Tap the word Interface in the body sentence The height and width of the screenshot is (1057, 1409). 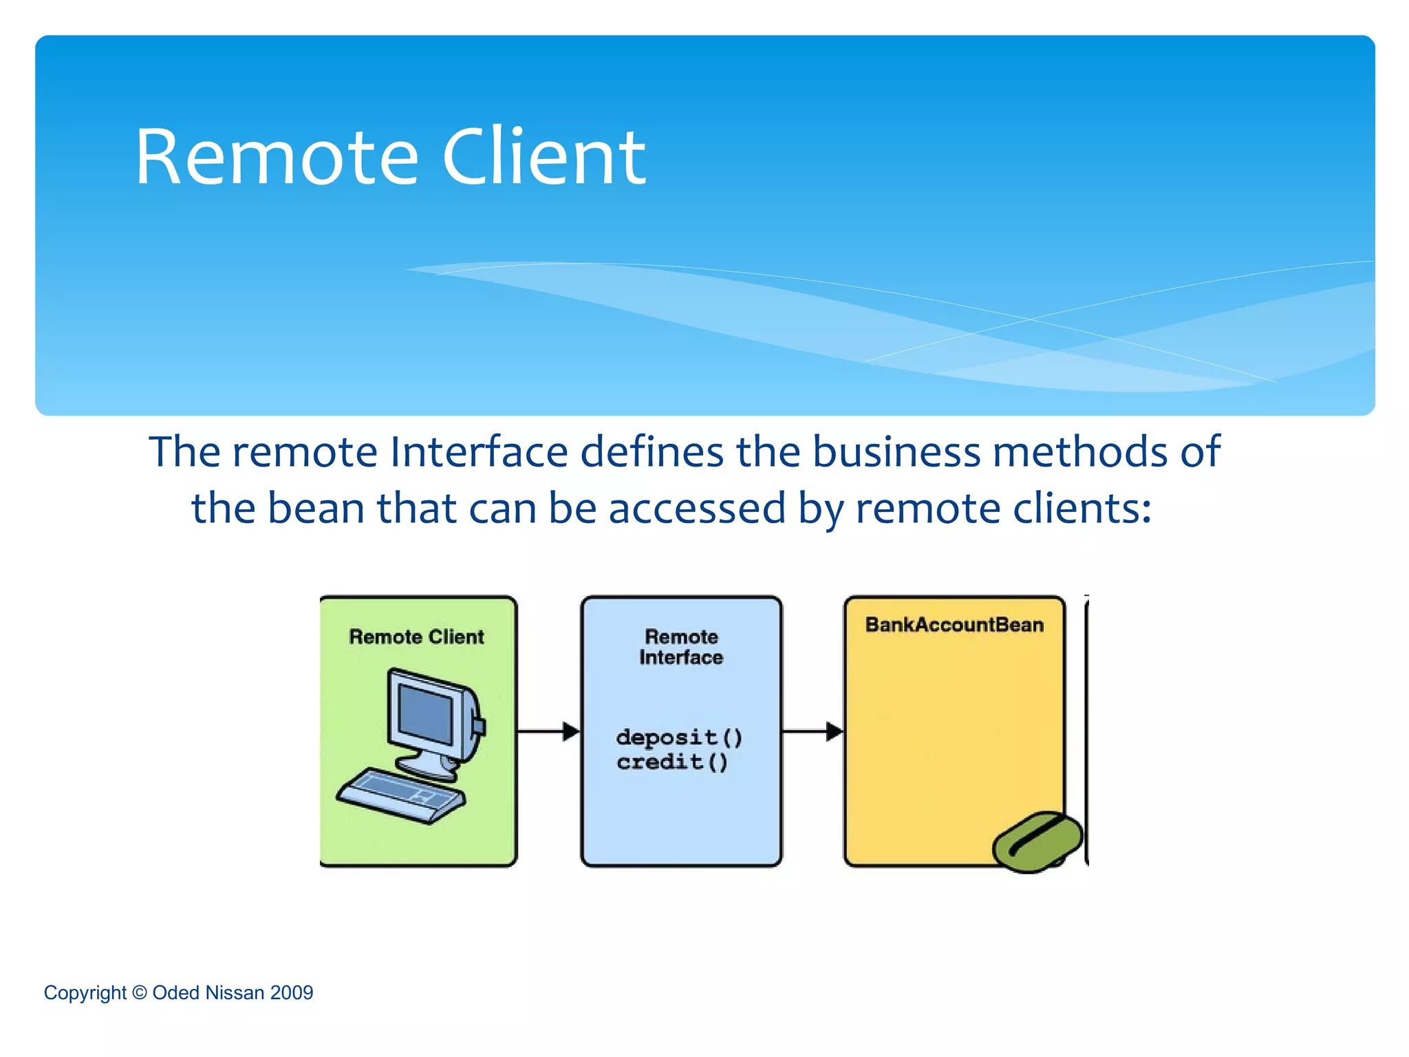479,452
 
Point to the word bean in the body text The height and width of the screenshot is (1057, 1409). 316,509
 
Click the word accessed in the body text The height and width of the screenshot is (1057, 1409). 697,509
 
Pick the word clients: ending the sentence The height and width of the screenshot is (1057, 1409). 1073,509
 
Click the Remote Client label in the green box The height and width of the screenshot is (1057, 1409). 416,637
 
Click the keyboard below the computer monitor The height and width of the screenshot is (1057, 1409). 400,795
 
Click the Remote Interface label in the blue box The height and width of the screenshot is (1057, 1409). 681,647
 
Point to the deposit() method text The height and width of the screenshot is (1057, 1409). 679,738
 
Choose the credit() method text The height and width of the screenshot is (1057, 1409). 671,762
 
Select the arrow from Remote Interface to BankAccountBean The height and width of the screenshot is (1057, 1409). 813,731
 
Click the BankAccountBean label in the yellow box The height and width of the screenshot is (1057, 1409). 954,625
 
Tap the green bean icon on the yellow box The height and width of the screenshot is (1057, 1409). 1037,842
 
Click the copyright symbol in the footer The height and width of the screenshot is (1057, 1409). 140,992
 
